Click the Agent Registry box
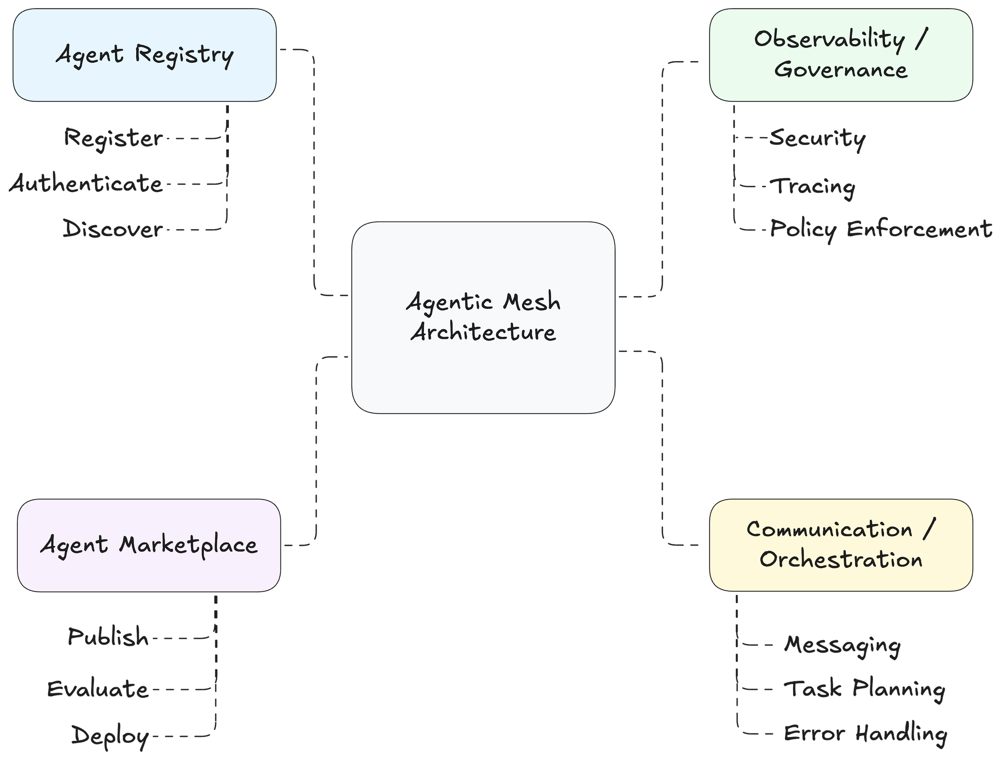144,55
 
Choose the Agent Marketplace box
149,545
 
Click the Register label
113,138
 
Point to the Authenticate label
86,183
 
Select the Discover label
113,230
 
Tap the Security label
817,138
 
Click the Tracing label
813,186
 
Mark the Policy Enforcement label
881,229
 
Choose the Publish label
108,637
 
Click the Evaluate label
98,689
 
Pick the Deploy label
110,736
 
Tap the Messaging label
842,645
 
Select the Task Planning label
864,689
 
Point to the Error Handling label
865,733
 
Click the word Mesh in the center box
532,302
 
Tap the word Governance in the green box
841,70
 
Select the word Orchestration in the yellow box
841,559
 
